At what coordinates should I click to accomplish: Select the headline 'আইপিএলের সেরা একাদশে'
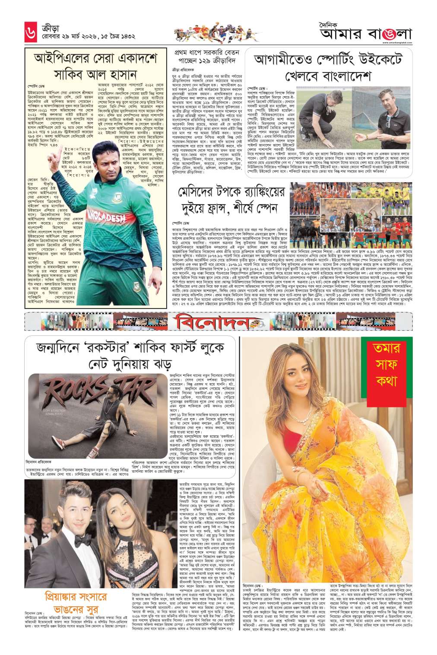click(96, 58)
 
